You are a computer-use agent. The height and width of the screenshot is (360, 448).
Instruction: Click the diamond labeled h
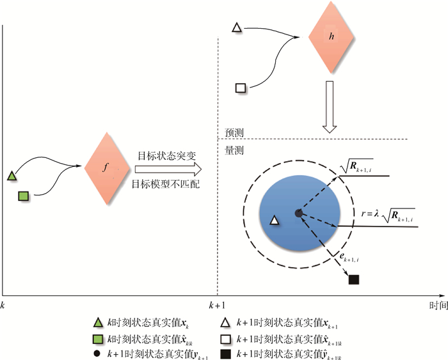330,36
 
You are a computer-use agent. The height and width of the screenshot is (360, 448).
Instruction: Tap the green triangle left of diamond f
12,175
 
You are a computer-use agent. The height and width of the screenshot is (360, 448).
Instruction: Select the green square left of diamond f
22,196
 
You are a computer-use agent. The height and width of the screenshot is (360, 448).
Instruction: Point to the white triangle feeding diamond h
236,27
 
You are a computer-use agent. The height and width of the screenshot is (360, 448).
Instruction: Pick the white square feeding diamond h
241,88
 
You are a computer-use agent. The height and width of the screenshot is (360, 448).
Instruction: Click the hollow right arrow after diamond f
168,169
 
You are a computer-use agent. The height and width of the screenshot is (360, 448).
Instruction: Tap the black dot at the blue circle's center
298,213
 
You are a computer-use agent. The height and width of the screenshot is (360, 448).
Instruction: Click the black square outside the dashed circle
353,279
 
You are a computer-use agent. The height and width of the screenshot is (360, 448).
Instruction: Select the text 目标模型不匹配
164,184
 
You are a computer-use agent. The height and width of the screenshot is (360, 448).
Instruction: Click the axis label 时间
438,306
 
